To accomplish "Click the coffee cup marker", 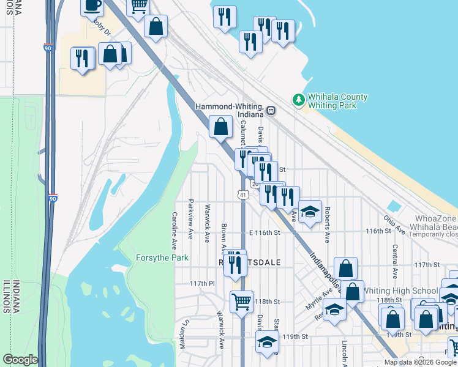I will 92,6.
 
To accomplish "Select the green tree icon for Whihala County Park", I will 298,100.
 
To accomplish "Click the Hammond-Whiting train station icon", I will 271,111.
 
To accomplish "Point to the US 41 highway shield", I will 243,195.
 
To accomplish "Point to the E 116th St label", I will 265,232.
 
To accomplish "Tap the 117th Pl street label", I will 202,284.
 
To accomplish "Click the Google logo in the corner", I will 20,360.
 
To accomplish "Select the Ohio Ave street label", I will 395,225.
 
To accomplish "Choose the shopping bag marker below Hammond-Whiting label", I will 221,127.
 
